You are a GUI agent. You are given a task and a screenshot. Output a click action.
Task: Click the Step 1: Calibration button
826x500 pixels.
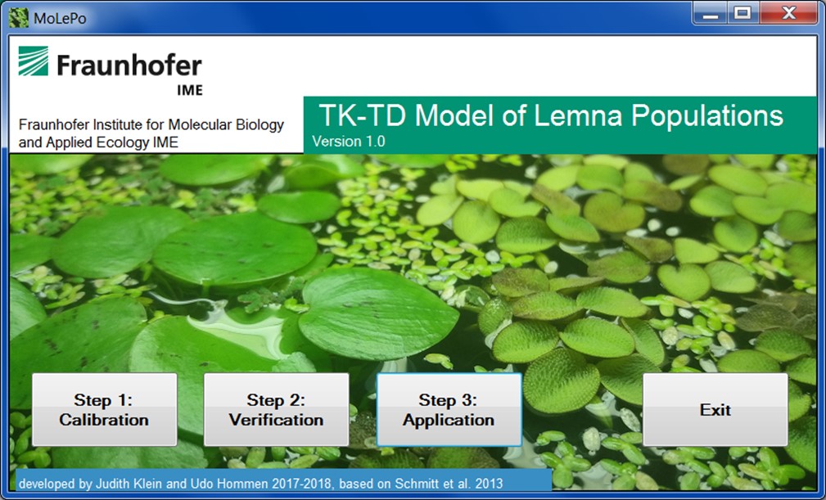[104, 409]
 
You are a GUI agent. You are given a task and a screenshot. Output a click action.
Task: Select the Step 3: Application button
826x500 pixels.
[449, 409]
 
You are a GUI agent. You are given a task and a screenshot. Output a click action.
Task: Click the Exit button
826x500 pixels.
[715, 409]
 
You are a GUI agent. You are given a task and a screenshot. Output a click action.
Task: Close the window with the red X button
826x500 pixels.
[788, 13]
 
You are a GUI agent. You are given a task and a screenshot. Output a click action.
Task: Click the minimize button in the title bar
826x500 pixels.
[710, 13]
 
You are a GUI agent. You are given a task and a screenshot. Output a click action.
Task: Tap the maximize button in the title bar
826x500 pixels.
[743, 13]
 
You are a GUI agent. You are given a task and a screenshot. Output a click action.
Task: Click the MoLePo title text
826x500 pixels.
[60, 19]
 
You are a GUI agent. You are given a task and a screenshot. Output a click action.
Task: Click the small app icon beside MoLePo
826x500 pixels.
[19, 18]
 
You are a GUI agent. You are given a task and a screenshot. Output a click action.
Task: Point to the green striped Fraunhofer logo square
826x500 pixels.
[34, 61]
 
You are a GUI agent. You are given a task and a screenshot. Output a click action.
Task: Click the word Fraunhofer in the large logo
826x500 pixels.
[129, 65]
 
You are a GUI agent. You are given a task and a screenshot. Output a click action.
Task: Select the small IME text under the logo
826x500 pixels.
[190, 90]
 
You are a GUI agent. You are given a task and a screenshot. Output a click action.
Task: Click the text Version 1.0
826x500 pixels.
[348, 142]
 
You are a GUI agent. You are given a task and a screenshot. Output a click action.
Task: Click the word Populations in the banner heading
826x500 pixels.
[707, 116]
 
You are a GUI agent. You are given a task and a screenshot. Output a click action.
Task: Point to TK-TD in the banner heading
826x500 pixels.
[363, 115]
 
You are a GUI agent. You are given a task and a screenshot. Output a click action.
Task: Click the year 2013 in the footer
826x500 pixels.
[488, 483]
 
